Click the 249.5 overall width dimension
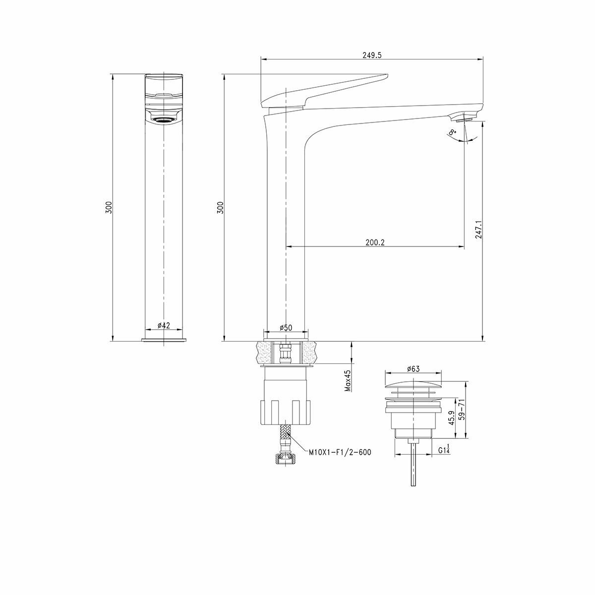tap(372, 56)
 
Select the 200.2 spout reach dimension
tap(375, 242)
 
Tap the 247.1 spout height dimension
tap(478, 230)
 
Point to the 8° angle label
tap(452, 132)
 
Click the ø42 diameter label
tap(164, 325)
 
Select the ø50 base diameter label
tap(286, 328)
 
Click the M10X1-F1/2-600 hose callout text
tap(340, 452)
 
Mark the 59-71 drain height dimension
tap(462, 410)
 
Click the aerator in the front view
tap(164, 119)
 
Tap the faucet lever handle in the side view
tap(327, 89)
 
